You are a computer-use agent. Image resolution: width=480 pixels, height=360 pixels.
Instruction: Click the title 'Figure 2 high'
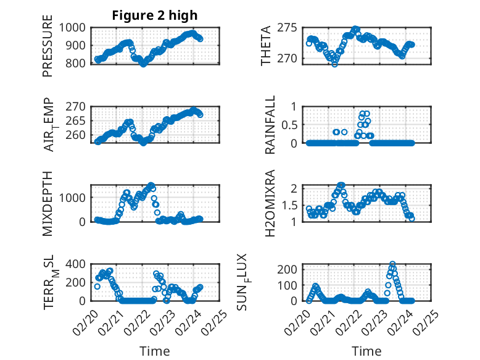[x=155, y=15]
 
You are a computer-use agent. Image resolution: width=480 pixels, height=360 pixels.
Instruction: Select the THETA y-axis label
[x=266, y=46]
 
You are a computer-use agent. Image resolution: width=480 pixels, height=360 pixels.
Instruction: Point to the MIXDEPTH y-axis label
[x=48, y=203]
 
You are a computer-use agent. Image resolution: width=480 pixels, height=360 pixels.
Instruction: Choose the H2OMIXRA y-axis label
[x=270, y=203]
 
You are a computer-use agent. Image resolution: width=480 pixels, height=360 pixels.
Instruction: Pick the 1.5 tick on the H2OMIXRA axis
[x=293, y=204]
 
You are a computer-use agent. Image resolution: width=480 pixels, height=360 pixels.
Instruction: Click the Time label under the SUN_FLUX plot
[x=366, y=351]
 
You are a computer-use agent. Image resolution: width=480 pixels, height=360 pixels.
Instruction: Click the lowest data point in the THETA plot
[x=334, y=64]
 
